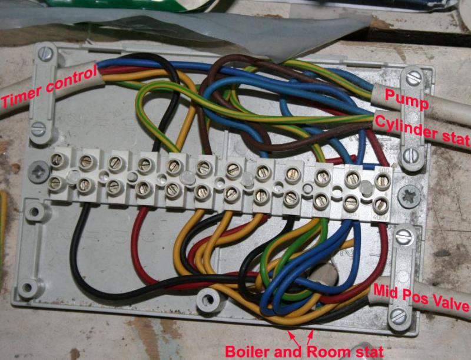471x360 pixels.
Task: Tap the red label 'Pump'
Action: tap(407, 99)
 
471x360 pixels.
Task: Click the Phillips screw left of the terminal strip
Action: tap(38, 172)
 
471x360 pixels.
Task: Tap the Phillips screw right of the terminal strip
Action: tap(409, 196)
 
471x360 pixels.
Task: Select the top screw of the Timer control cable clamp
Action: tap(46, 54)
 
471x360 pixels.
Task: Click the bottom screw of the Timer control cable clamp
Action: tap(39, 129)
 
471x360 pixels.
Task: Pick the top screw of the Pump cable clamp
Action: tap(414, 78)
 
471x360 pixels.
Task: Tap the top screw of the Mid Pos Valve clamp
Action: tap(403, 237)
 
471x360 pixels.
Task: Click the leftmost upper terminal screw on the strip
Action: tap(57, 160)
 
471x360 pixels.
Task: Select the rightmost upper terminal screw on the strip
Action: tap(382, 181)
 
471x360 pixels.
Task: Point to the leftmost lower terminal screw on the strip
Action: tap(55, 183)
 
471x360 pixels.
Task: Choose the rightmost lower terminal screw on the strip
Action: tap(380, 204)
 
